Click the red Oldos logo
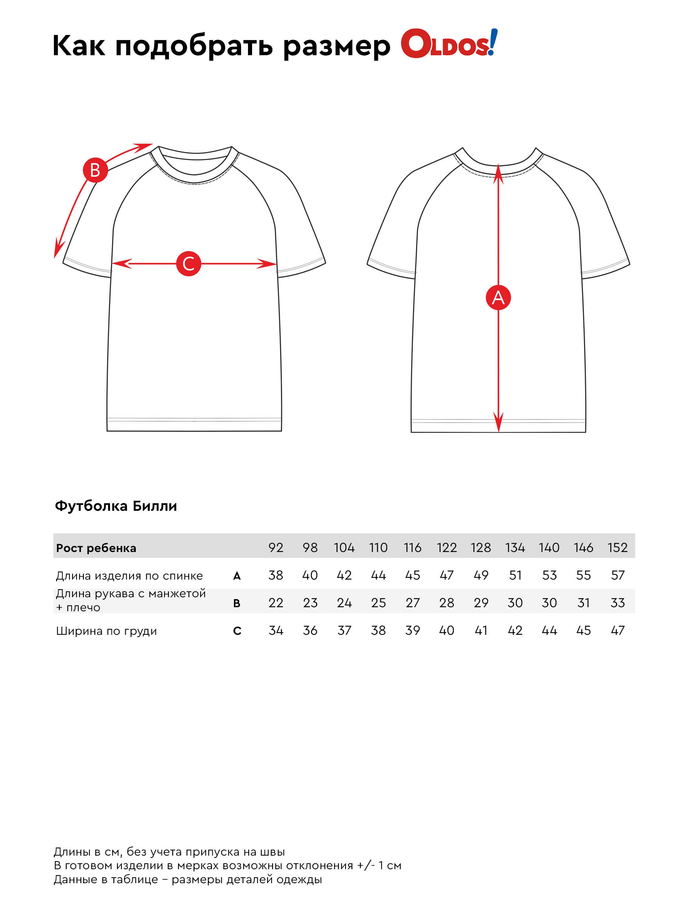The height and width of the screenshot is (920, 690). tap(448, 44)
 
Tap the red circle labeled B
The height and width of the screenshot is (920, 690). tap(95, 170)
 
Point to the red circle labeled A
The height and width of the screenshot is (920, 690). tap(498, 297)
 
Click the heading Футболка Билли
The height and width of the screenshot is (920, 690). tap(116, 506)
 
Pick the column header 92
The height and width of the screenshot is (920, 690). tap(276, 547)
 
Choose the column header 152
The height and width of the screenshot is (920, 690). tap(617, 547)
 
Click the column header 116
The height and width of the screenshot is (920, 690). tap(412, 547)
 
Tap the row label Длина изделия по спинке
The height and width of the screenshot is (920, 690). tap(129, 576)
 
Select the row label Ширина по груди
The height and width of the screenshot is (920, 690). tap(106, 631)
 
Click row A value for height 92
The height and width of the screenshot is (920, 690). tap(276, 575)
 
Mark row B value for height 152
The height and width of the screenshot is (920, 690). tap(617, 603)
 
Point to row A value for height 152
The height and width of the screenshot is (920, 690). tap(617, 575)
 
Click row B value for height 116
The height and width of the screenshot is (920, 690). tap(412, 603)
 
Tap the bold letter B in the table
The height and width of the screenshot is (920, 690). tap(237, 603)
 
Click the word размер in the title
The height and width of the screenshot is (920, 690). tap(336, 46)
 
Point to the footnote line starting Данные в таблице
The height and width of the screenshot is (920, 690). tap(188, 880)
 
